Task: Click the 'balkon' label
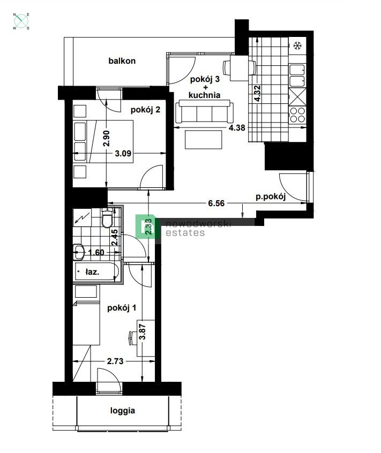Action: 122,61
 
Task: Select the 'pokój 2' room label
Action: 145,110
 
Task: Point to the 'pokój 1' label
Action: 122,308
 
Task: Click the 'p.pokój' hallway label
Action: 270,196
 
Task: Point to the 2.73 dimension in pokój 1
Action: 116,361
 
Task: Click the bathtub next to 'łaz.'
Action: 96,273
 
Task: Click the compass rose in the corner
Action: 21,21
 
